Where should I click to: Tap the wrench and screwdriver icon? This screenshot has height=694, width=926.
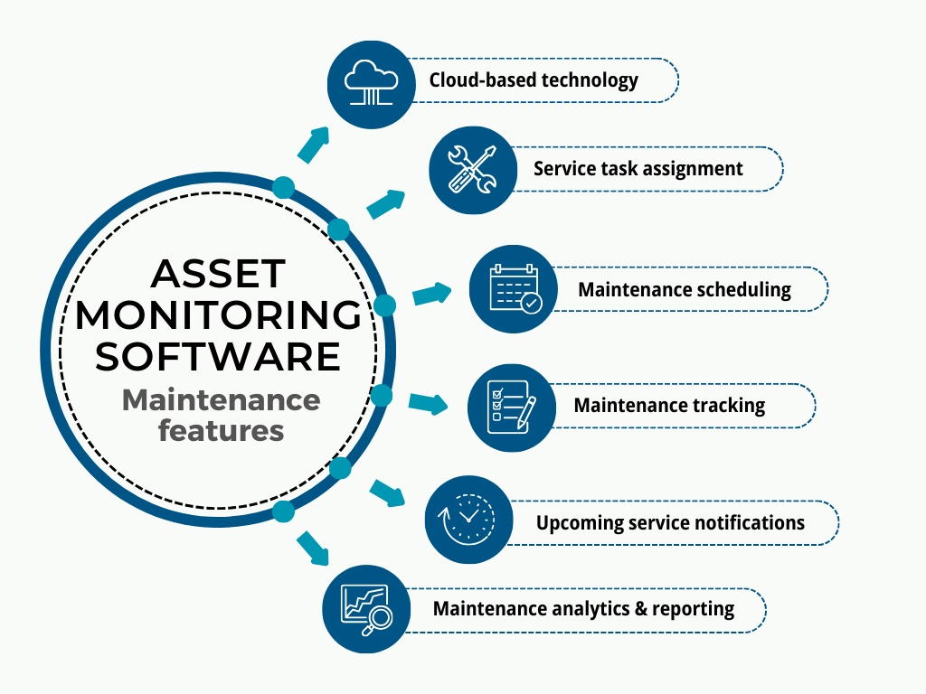(x=472, y=169)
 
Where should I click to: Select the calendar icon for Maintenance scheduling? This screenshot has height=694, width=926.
(x=514, y=289)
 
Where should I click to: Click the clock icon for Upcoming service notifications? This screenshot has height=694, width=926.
(x=468, y=520)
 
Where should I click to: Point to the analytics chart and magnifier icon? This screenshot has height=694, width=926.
(x=367, y=607)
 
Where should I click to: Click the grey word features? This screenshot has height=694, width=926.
(x=221, y=430)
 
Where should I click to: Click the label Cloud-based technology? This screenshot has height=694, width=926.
(x=534, y=80)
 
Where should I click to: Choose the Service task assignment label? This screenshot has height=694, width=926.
(x=638, y=168)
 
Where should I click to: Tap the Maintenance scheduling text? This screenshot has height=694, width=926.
(x=685, y=290)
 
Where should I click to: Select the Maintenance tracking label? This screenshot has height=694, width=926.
(x=669, y=405)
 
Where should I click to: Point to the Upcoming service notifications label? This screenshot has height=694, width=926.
(x=670, y=522)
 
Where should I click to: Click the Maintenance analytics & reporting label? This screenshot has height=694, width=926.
(x=583, y=608)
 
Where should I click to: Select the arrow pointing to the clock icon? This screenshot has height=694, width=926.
(x=389, y=493)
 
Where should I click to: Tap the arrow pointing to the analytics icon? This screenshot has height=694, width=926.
(x=313, y=548)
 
